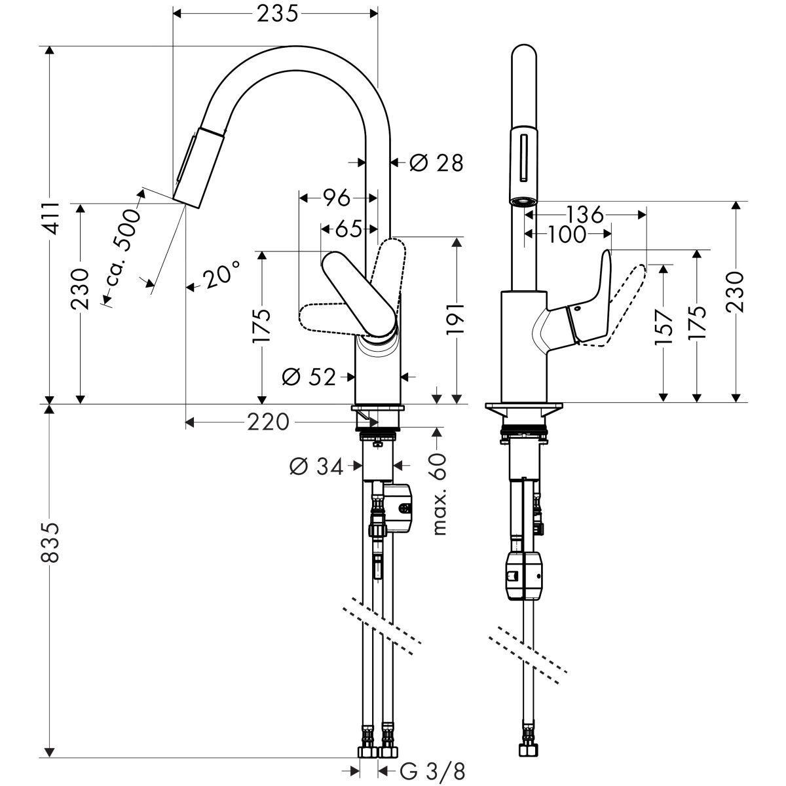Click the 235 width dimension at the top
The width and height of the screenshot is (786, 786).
(x=274, y=13)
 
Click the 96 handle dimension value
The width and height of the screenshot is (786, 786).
(x=337, y=197)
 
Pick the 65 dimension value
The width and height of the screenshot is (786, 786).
(x=349, y=229)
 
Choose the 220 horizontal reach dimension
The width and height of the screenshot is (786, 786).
(x=268, y=422)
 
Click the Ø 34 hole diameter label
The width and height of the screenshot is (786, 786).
(x=316, y=466)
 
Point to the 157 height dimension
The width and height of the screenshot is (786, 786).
(x=664, y=326)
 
